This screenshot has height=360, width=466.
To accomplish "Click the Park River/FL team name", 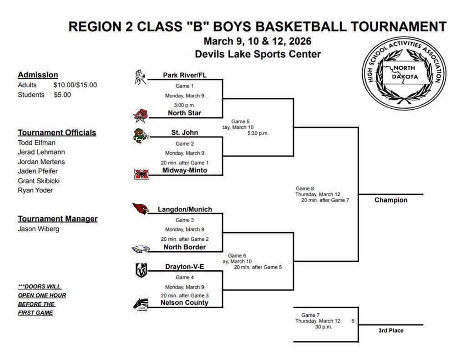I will tap(184, 75).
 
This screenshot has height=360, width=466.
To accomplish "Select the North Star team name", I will tap(184, 113).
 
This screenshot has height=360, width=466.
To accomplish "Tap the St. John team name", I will tap(184, 132).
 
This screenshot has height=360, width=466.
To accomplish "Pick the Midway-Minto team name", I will tap(184, 170).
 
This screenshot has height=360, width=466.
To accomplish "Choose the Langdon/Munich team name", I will tap(185, 209).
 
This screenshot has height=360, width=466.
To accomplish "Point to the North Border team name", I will tap(184, 247).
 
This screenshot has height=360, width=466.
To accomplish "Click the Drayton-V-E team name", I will tap(184, 267).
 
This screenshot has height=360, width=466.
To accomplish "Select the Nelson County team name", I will tap(184, 303).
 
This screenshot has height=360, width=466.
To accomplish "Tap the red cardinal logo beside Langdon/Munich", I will tap(141, 208).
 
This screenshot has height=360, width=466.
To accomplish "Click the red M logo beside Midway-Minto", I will tap(141, 174).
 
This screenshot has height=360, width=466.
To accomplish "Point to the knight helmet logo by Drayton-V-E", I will tap(141, 270).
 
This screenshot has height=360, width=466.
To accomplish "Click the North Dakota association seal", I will tap(405, 76).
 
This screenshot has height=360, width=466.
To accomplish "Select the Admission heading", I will tap(38, 75).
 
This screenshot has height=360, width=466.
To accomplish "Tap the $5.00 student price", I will tap(62, 95).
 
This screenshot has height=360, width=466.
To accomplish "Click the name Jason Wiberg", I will tap(39, 229).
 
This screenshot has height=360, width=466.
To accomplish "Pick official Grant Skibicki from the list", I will tap(39, 181).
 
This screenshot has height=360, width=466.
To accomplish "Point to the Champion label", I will tap(391, 200).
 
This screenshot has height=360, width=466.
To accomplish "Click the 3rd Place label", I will tap(391, 330).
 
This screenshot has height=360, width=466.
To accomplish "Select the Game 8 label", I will tap(305, 188).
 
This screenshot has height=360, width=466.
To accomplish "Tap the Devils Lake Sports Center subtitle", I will tap(258, 54).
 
